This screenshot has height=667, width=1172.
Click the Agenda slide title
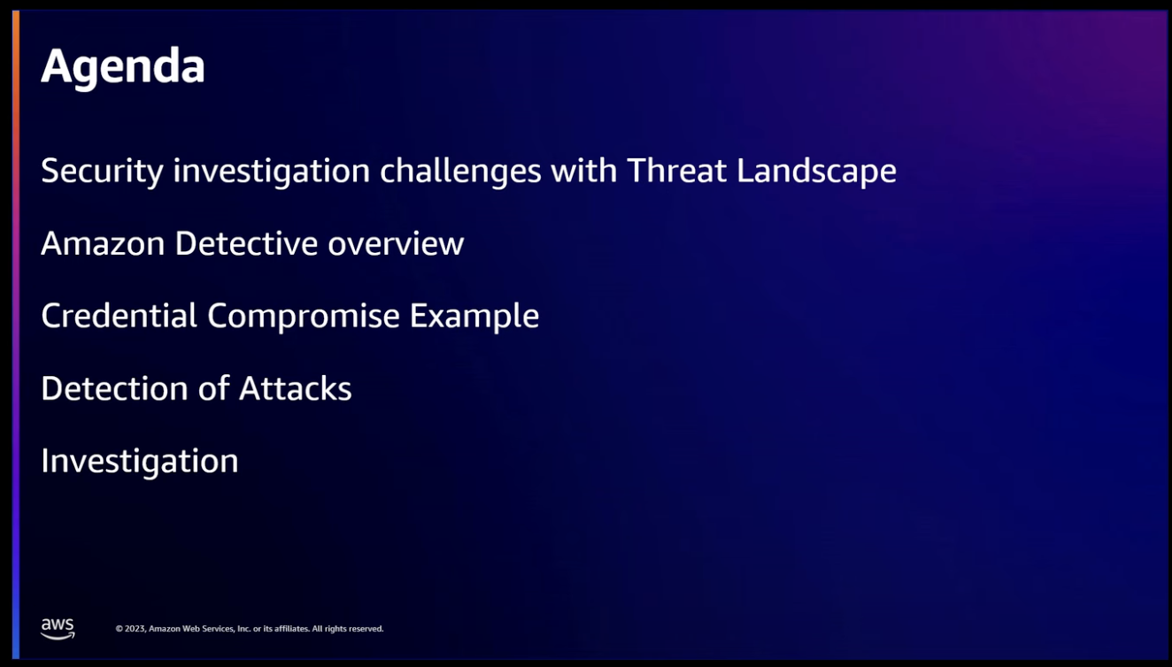click(123, 67)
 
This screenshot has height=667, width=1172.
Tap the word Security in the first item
click(102, 172)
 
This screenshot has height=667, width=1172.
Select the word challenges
click(460, 172)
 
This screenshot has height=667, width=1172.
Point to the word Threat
click(676, 171)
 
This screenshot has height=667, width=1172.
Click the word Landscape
click(817, 172)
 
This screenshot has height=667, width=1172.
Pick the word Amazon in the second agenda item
click(103, 243)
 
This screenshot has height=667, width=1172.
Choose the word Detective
click(246, 243)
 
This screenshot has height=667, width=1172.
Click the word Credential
click(120, 316)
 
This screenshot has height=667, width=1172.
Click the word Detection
click(114, 388)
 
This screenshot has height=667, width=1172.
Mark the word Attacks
click(295, 388)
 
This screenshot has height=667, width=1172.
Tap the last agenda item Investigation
click(140, 462)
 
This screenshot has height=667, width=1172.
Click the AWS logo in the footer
click(58, 628)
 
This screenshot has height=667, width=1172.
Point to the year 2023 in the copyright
click(135, 629)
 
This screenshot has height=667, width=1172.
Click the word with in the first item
click(584, 171)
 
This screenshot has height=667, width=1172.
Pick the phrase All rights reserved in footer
click(348, 629)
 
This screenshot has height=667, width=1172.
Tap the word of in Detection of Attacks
click(213, 388)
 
